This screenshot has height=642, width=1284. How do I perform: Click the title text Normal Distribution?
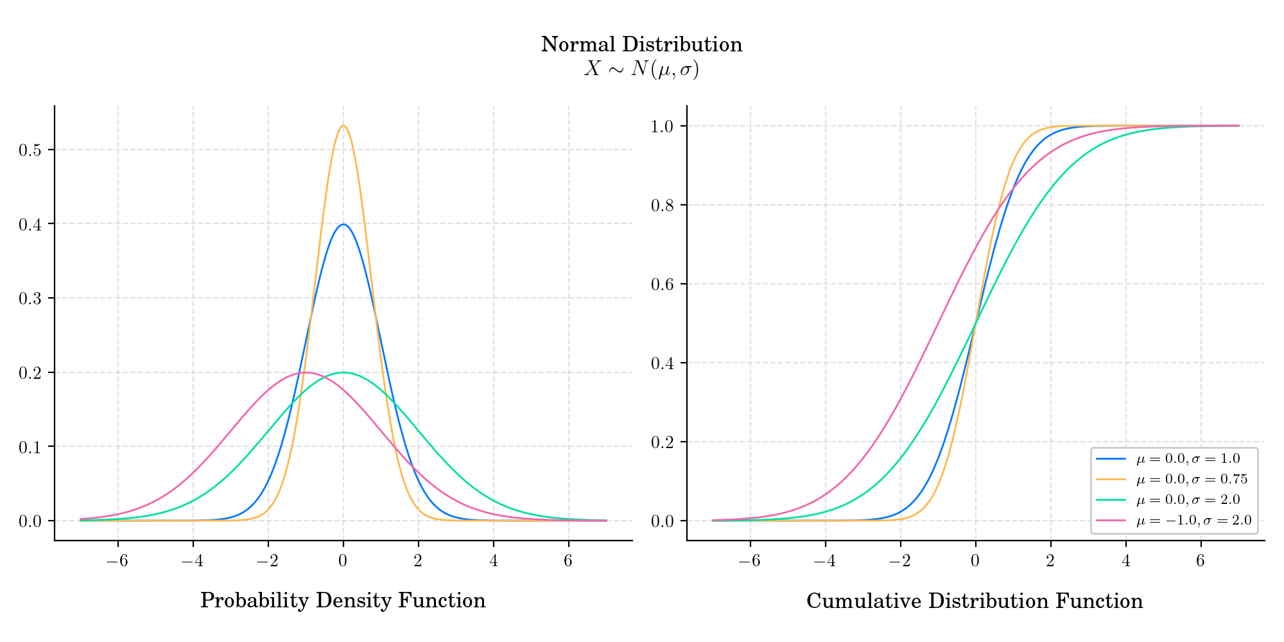point(641,45)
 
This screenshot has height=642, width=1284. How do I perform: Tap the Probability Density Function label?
point(343,601)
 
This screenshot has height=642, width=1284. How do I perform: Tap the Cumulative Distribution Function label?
point(975,602)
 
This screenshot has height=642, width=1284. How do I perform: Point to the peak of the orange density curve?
point(343,126)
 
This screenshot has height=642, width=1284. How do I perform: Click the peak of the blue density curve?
point(343,224)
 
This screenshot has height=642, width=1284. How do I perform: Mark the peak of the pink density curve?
point(306,372)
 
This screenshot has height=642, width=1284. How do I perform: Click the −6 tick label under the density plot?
point(117,560)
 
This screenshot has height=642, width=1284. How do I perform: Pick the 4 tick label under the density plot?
point(493,560)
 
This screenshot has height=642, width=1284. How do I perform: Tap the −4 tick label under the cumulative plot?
point(824,560)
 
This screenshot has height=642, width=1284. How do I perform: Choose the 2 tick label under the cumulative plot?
point(1050,560)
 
